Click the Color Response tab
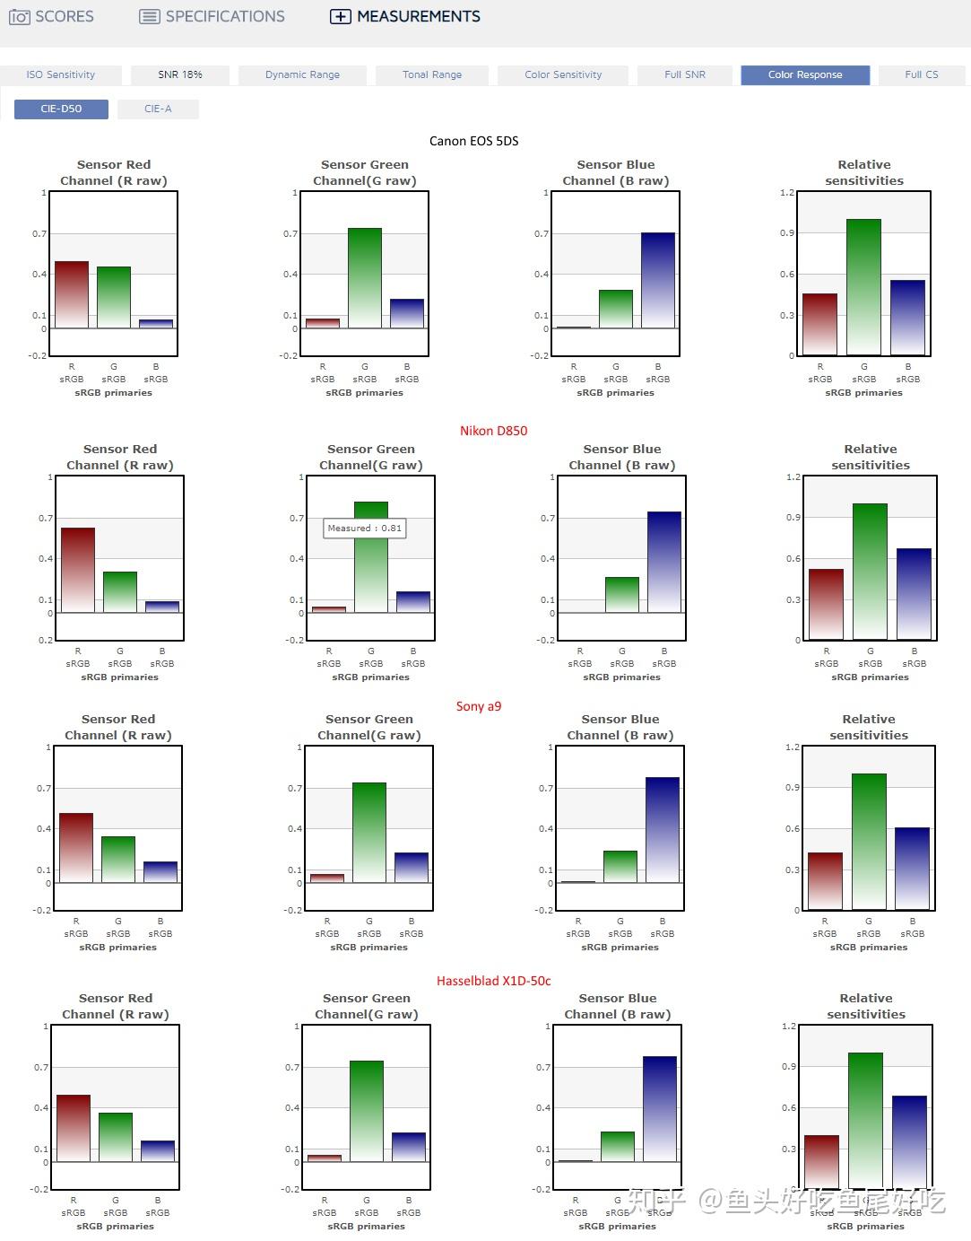[804, 74]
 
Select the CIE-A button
[158, 109]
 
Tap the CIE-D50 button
[61, 109]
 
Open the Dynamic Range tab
[302, 74]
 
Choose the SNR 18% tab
[180, 74]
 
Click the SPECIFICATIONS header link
[212, 16]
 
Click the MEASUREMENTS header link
[405, 16]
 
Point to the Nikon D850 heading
[493, 431]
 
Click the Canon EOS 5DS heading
[473, 141]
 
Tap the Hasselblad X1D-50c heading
[493, 981]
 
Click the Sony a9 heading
[479, 706]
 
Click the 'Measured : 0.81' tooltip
[364, 528]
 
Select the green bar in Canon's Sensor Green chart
[365, 278]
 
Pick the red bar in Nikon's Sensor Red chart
[78, 571]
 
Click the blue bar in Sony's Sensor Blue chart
[663, 830]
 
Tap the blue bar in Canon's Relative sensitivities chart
[907, 318]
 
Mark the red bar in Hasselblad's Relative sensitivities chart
[822, 1162]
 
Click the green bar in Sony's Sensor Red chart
[118, 860]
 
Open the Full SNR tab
[685, 74]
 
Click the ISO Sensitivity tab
[60, 74]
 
